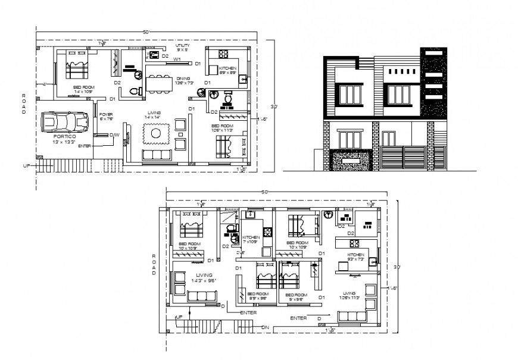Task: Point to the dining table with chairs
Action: click(x=160, y=83)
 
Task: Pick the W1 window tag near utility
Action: click(x=177, y=60)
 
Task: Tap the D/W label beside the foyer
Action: click(x=114, y=134)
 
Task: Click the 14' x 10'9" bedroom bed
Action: click(x=76, y=67)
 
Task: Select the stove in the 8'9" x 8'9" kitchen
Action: click(x=226, y=53)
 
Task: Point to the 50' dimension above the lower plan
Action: click(x=265, y=192)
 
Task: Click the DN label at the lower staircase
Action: click(x=265, y=327)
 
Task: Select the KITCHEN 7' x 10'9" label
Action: click(x=251, y=240)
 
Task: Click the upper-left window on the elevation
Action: click(x=350, y=94)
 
